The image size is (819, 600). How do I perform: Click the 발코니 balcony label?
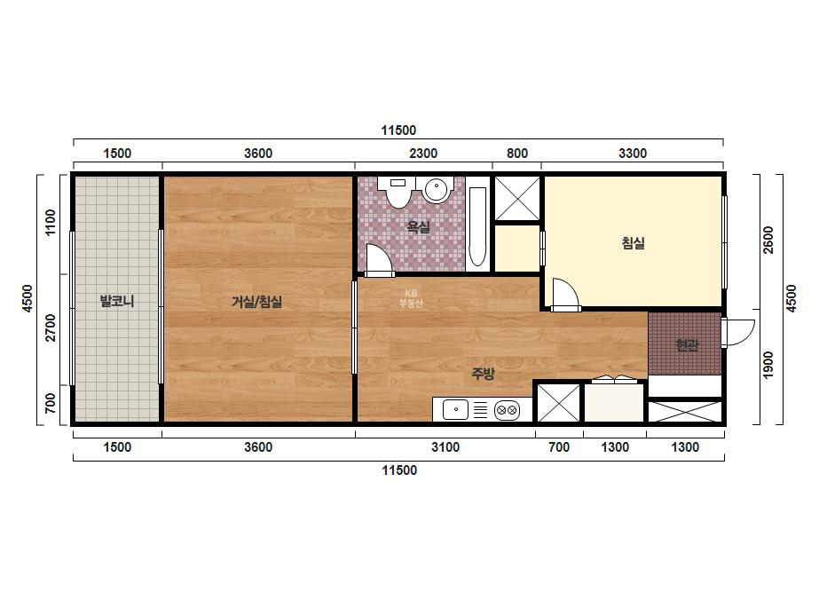click(117, 301)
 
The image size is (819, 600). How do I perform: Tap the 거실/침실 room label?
click(257, 302)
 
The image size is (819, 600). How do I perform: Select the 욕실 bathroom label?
click(419, 226)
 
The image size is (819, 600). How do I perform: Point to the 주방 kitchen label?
click(483, 373)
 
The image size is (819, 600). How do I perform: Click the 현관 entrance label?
click(687, 345)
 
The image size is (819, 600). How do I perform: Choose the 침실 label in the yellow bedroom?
click(633, 243)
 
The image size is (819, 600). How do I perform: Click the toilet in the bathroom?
click(398, 191)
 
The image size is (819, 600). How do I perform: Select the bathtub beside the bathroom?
click(477, 226)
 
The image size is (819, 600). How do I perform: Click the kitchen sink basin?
click(455, 410)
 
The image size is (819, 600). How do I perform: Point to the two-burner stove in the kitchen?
click(507, 410)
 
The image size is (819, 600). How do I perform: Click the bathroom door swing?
click(378, 260)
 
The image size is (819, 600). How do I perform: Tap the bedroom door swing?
click(564, 295)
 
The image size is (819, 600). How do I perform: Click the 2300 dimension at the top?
click(423, 154)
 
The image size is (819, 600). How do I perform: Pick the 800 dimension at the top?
click(517, 154)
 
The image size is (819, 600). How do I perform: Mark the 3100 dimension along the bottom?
click(445, 446)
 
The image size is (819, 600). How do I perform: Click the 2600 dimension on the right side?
click(768, 240)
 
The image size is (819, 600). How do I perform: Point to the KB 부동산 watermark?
click(411, 298)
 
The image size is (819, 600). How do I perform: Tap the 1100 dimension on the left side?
click(51, 223)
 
